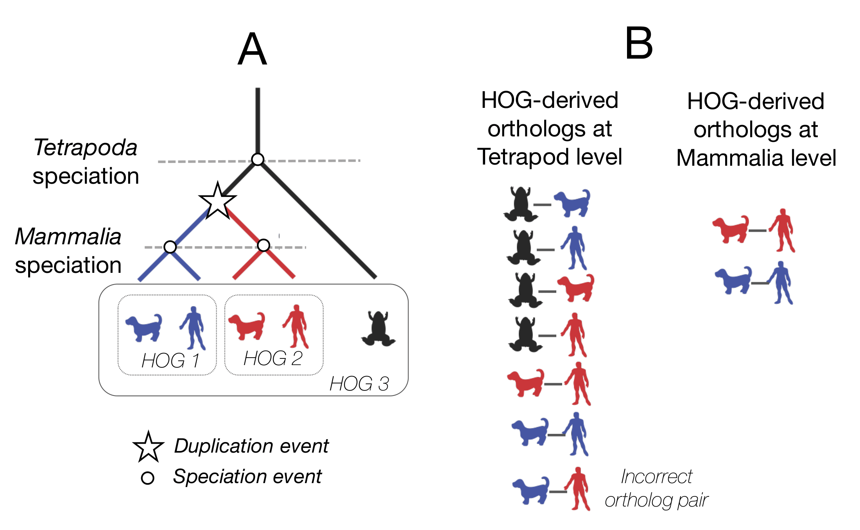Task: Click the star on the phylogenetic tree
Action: pos(217,201)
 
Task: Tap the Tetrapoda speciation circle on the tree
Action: pos(258,159)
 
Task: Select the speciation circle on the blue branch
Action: pos(170,247)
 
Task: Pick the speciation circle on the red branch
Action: pos(264,245)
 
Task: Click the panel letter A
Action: pos(253,50)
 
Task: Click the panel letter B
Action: pos(639,44)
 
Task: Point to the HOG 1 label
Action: pos(170,360)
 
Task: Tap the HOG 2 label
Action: pos(273,358)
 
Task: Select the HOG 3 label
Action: pos(359,384)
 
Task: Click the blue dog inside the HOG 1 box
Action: pos(144,328)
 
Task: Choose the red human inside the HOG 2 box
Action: pos(296,327)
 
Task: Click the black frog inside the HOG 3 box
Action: pos(378,329)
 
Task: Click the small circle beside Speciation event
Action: pos(147,478)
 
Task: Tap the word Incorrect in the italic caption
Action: pos(656,477)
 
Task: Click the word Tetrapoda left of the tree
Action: pos(85,148)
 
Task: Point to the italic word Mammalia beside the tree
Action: pos(68,237)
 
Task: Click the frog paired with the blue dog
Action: pos(520,204)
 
